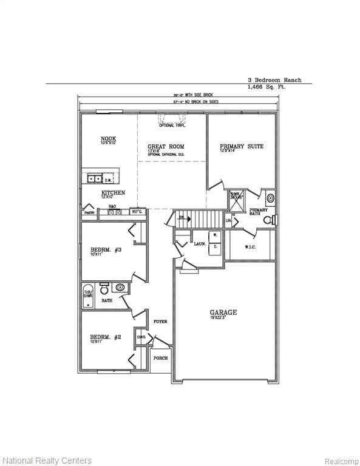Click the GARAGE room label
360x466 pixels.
point(223,313)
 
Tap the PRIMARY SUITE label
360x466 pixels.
point(242,146)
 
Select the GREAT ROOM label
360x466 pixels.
point(166,147)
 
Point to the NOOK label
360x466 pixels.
point(108,139)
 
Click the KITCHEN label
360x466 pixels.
point(113,193)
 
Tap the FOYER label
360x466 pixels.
point(160,322)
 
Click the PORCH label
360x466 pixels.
point(160,358)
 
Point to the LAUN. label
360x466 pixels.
point(200,243)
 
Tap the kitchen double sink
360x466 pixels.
point(94,178)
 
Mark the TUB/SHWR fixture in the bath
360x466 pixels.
point(89,295)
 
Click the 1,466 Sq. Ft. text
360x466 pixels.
point(266,87)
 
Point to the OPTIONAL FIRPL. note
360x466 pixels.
point(172,125)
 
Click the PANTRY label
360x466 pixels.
point(89,213)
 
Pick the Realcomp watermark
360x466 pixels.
point(341,461)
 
